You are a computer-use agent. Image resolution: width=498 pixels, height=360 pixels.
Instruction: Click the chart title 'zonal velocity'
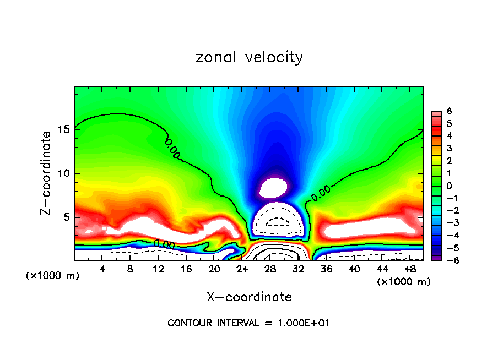point(249,57)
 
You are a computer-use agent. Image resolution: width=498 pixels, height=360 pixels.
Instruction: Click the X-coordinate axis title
point(249,297)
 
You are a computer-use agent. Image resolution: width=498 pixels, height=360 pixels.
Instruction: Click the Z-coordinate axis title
point(48,173)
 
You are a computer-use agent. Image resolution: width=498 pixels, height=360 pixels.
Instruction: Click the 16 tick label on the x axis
point(186,269)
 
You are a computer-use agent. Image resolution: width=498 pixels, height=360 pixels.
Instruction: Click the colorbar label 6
point(449,111)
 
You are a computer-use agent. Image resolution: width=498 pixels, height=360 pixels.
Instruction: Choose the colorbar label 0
point(449,186)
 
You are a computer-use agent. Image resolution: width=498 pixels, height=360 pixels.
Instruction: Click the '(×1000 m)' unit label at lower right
point(403,281)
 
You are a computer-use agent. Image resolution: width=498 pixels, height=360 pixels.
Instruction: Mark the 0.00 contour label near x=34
point(321,191)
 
